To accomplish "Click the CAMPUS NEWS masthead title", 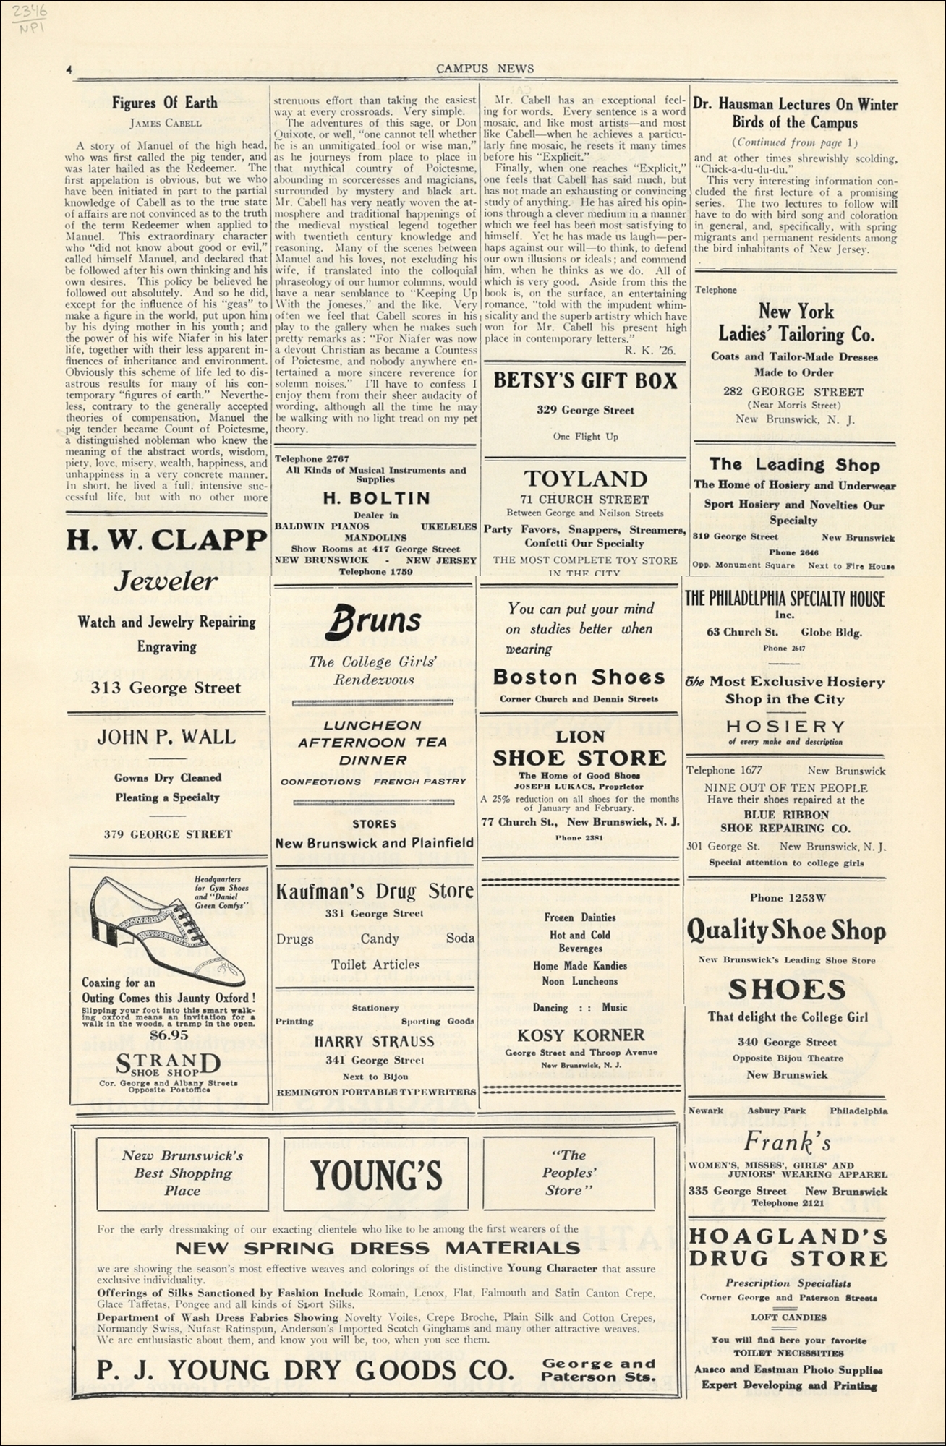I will pos(485,69).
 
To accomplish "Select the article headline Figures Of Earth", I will pos(164,103).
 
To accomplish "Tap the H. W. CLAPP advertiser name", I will pos(166,540).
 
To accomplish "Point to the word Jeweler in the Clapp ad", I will pos(166,581).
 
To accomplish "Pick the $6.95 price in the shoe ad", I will pos(168,1035).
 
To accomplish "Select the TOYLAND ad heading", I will pos(585,479).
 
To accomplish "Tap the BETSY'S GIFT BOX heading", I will pos(585,381).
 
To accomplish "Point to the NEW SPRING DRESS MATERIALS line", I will pos(378,1248).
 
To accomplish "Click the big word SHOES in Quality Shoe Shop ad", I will pos(787,990).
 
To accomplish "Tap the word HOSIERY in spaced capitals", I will pos(785,726).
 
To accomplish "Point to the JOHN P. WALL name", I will pos(166,737).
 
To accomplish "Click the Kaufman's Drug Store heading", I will pos(375,891).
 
